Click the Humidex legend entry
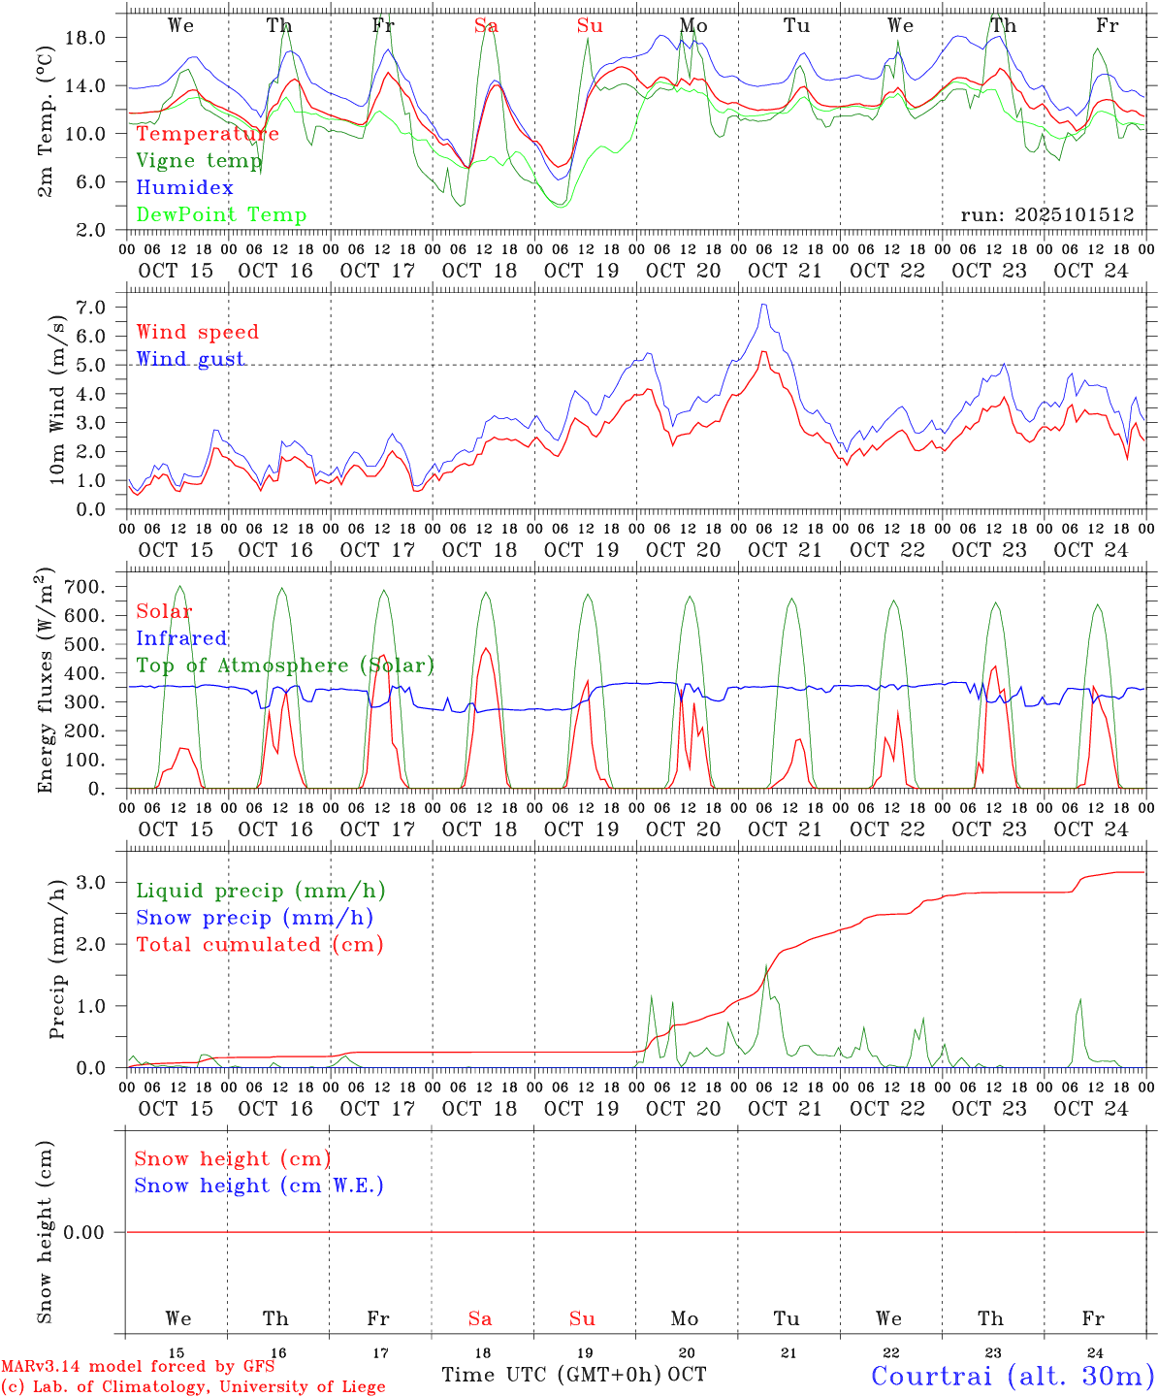[x=184, y=188]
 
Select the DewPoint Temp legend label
[x=221, y=215]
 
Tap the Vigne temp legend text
[x=199, y=161]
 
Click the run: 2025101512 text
[x=1046, y=215]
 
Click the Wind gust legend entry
[x=190, y=359]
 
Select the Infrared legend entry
[x=181, y=638]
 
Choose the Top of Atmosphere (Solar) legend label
[x=285, y=666]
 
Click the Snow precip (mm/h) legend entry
[x=254, y=918]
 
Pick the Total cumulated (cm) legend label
[x=260, y=945]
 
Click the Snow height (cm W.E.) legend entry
[x=259, y=1186]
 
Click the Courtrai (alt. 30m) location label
[x=1012, y=1376]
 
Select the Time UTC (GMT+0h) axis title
[x=552, y=1375]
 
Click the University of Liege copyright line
[x=193, y=1387]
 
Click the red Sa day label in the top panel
[x=486, y=26]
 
